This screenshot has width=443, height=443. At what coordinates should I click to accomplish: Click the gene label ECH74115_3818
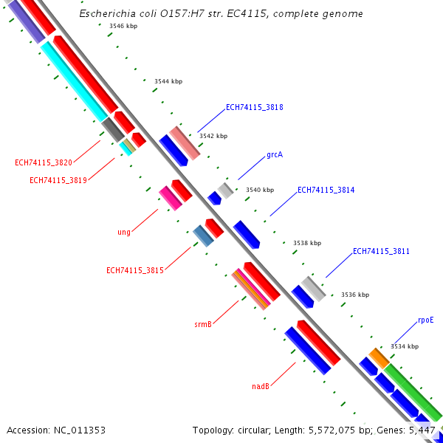(254, 107)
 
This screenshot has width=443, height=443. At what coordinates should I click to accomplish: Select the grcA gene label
(275, 155)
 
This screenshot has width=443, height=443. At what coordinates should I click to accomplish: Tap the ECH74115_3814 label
(326, 190)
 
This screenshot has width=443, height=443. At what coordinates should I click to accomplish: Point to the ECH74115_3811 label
(381, 251)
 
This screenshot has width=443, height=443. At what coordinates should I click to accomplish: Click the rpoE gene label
(426, 320)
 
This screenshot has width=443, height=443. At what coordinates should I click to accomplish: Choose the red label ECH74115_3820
(44, 163)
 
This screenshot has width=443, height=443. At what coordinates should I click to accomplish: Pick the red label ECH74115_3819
(58, 180)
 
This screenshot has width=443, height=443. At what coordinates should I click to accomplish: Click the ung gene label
(124, 232)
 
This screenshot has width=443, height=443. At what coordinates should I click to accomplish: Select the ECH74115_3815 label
(135, 270)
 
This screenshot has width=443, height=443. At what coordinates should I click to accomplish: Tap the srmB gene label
(203, 324)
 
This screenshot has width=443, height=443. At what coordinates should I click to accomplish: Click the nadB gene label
(260, 386)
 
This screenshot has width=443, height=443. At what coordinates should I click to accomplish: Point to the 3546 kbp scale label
(123, 26)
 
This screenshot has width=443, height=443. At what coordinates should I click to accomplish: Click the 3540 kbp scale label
(260, 190)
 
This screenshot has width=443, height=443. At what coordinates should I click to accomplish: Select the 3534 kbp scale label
(405, 346)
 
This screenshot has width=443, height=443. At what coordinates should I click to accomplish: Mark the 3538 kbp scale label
(307, 242)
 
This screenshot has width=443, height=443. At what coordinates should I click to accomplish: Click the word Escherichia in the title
(107, 14)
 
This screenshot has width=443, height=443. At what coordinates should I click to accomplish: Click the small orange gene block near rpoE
(380, 357)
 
